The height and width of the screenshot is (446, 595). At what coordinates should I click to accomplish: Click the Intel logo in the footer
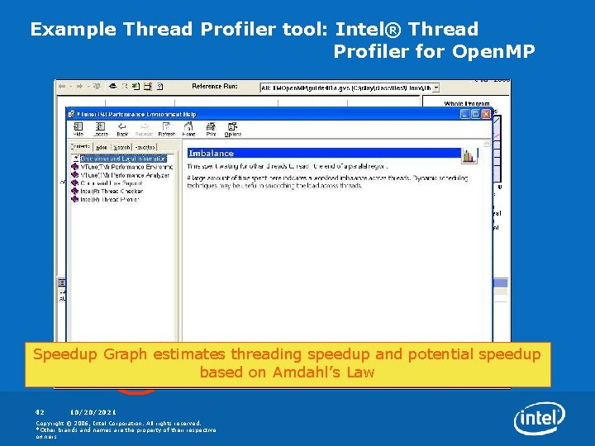[540, 419]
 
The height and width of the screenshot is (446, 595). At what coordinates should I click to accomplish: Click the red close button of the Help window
[486, 114]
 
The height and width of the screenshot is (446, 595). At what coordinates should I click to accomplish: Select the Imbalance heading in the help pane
[212, 153]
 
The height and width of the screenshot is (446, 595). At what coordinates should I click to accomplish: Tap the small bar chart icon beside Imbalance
[469, 155]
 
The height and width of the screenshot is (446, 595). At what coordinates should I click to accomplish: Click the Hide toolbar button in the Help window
[79, 129]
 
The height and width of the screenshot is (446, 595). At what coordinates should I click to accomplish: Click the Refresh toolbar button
[166, 129]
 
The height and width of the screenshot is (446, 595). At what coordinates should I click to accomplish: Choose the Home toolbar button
[188, 129]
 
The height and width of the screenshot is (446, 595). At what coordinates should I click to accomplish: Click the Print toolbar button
[212, 129]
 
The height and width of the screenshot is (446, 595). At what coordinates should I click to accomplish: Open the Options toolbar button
[233, 129]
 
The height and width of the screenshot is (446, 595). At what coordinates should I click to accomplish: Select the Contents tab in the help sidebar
[80, 145]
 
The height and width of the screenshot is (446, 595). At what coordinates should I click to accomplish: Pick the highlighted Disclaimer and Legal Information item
[122, 159]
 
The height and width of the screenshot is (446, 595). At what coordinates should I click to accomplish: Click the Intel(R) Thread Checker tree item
[111, 192]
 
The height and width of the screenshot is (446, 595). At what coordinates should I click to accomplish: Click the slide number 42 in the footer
[39, 411]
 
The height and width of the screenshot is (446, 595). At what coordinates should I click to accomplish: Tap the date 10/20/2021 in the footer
[93, 411]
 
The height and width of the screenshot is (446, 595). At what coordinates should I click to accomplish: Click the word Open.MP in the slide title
[493, 51]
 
